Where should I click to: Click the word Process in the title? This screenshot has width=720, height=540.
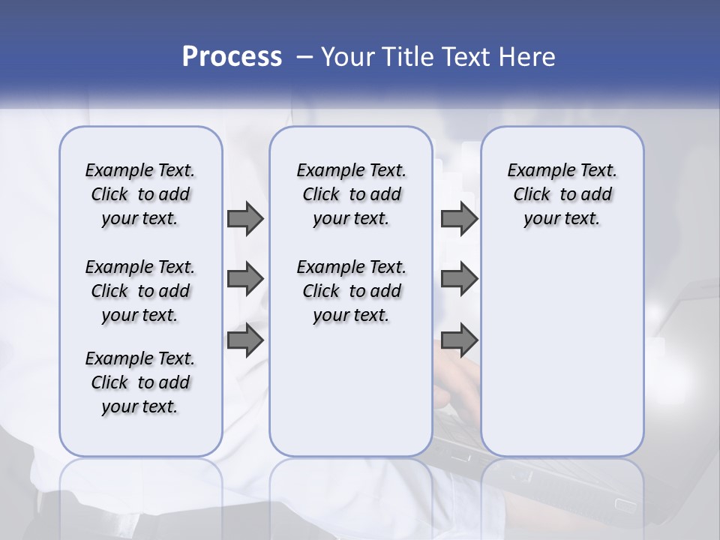pos(232,57)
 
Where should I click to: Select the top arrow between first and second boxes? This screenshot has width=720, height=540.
pos(245,218)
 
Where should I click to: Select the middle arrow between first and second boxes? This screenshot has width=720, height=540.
pos(245,279)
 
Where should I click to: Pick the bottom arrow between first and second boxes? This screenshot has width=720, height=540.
pos(245,340)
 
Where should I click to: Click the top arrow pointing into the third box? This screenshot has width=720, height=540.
pos(459,218)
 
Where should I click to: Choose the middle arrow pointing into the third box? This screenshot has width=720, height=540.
pos(459,279)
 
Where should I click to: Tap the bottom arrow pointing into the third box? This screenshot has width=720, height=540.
pos(459,340)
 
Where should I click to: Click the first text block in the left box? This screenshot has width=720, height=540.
pos(140,194)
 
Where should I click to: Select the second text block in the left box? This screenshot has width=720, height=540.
pos(140,291)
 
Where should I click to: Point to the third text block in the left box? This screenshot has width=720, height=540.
pos(140,382)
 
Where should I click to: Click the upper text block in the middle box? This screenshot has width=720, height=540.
pos(351,194)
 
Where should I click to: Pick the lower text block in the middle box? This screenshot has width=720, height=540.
pos(351,291)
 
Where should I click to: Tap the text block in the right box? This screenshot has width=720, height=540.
pos(562,194)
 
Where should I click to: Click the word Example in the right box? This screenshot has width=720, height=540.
pos(538,171)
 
